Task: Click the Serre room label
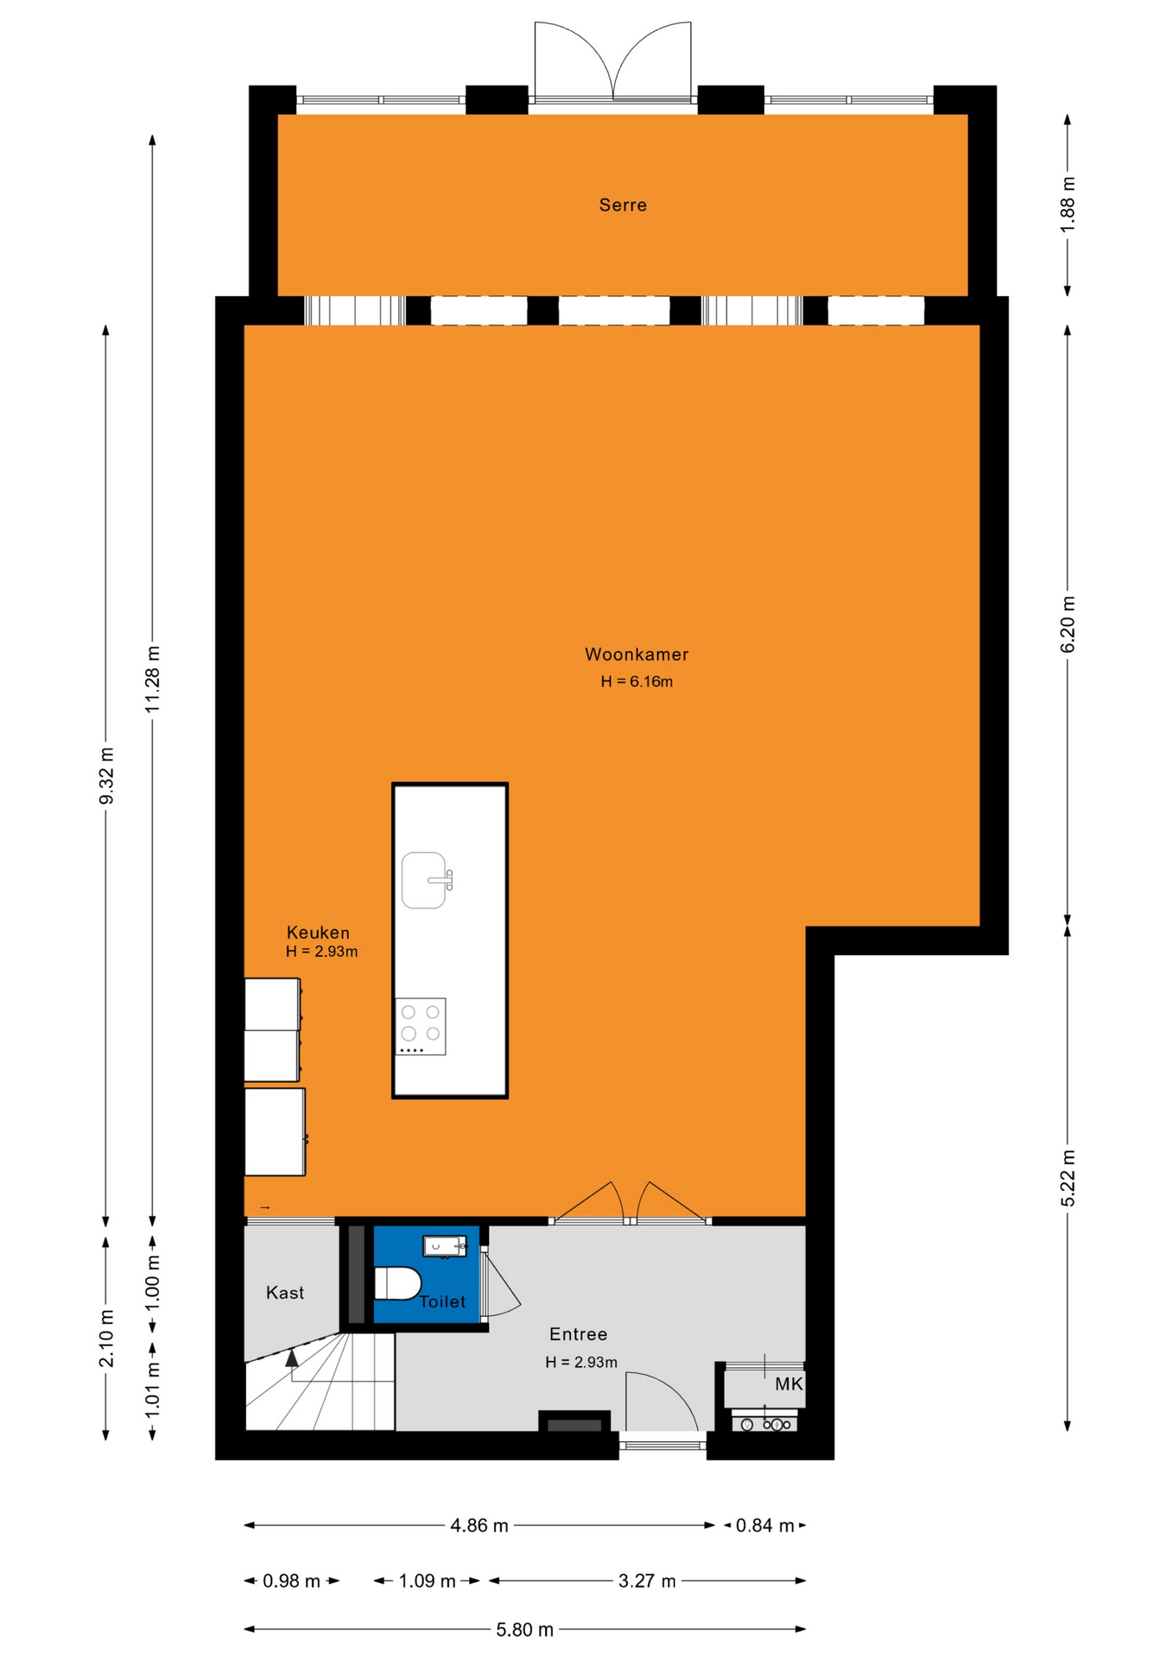pos(623,205)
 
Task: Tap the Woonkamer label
pos(637,655)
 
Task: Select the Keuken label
pos(318,933)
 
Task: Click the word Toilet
pos(442,1301)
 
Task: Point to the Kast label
pos(285,1293)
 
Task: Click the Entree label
pos(579,1334)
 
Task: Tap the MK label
pos(789,1384)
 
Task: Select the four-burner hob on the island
pos(421,1026)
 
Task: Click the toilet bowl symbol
pos(397,1283)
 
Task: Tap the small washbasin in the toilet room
pos(445,1246)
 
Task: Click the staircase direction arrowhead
pos(292,1358)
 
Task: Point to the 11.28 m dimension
pos(153,679)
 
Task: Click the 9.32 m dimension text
pos(106,775)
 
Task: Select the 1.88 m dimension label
pos(1068,204)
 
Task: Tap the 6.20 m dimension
pos(1068,624)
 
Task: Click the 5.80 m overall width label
pos(524,1630)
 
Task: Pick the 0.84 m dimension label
pos(764,1526)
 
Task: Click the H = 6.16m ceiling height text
pos(637,681)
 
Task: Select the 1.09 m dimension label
pos(427,1581)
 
